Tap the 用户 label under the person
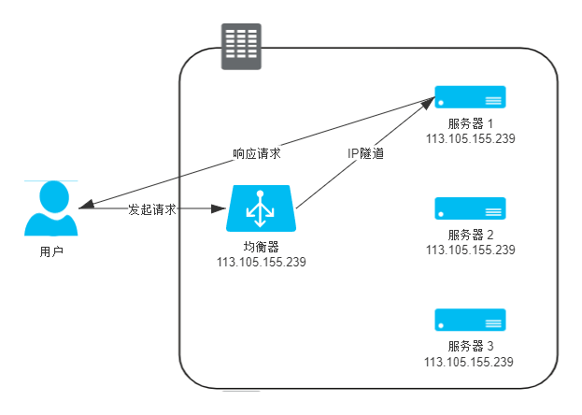click(51, 251)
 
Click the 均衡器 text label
click(262, 246)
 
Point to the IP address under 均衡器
click(262, 261)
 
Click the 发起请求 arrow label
click(152, 209)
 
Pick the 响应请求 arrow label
click(257, 151)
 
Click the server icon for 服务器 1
click(470, 96)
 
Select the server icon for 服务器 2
click(470, 207)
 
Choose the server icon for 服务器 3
click(470, 320)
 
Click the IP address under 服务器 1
click(470, 138)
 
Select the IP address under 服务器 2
click(470, 250)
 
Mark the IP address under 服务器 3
click(470, 362)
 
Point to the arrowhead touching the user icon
click(84, 207)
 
